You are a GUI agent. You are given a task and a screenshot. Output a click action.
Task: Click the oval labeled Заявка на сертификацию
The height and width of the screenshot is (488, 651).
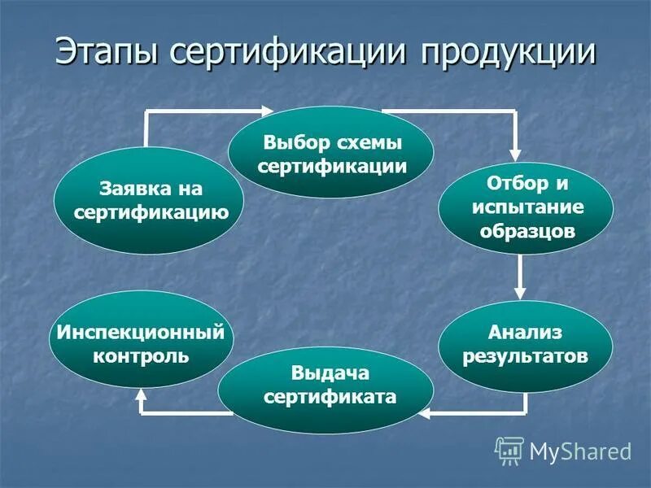pos(150,201)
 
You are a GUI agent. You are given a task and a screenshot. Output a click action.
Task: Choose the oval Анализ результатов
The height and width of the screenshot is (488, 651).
pos(525,344)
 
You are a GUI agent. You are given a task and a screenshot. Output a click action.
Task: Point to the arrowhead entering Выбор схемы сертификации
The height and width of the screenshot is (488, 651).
pos(269,111)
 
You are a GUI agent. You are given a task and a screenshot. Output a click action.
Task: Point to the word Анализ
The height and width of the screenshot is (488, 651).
pos(525,332)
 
